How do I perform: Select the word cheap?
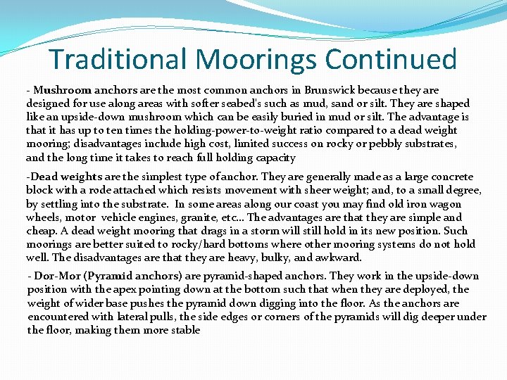click(x=42, y=231)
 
